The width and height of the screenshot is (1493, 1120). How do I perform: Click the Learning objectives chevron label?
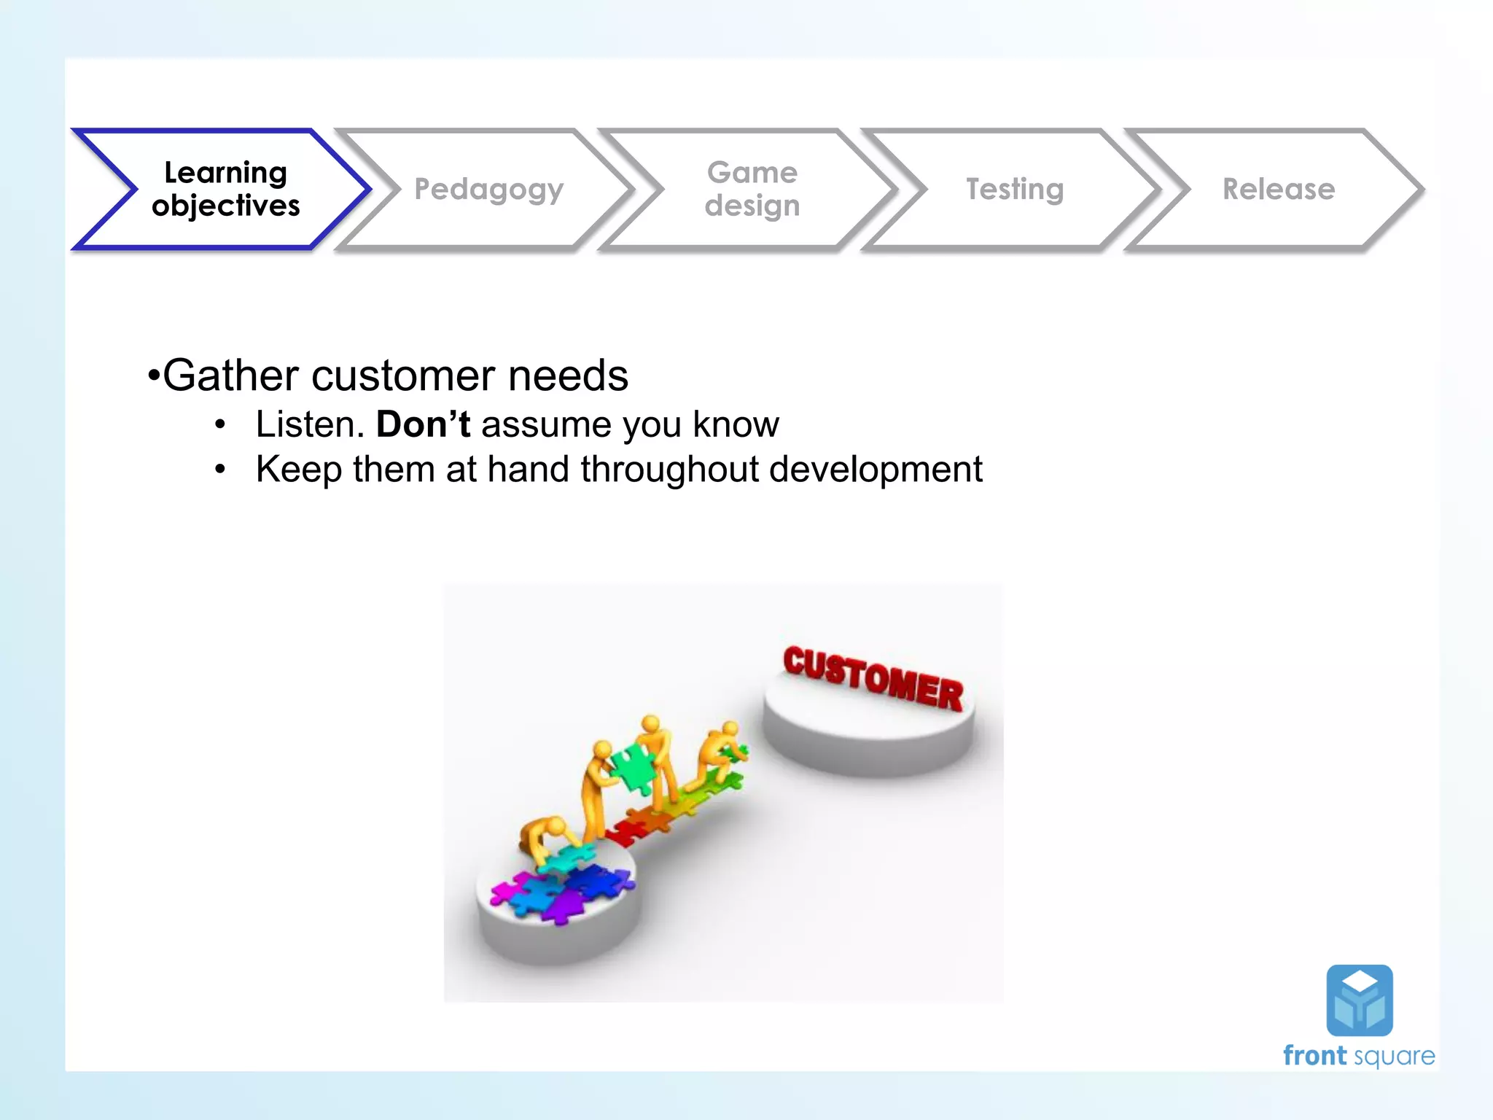(225, 189)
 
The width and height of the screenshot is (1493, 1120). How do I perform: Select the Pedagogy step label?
(488, 190)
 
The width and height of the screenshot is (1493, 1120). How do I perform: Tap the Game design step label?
(752, 189)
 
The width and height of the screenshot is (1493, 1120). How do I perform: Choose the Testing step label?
(1015, 189)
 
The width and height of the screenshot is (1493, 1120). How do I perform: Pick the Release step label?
(1279, 189)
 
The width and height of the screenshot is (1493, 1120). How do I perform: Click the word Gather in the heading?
(230, 376)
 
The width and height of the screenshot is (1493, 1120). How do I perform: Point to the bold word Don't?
(423, 424)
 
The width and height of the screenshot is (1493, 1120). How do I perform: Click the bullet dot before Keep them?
(220, 469)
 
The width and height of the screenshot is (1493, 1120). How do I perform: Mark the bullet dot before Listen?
(220, 424)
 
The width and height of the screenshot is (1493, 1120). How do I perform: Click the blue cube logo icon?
(1359, 1000)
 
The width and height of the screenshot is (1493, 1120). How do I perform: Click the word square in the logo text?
(1395, 1057)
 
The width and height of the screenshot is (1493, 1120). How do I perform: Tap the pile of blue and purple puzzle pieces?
(561, 890)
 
